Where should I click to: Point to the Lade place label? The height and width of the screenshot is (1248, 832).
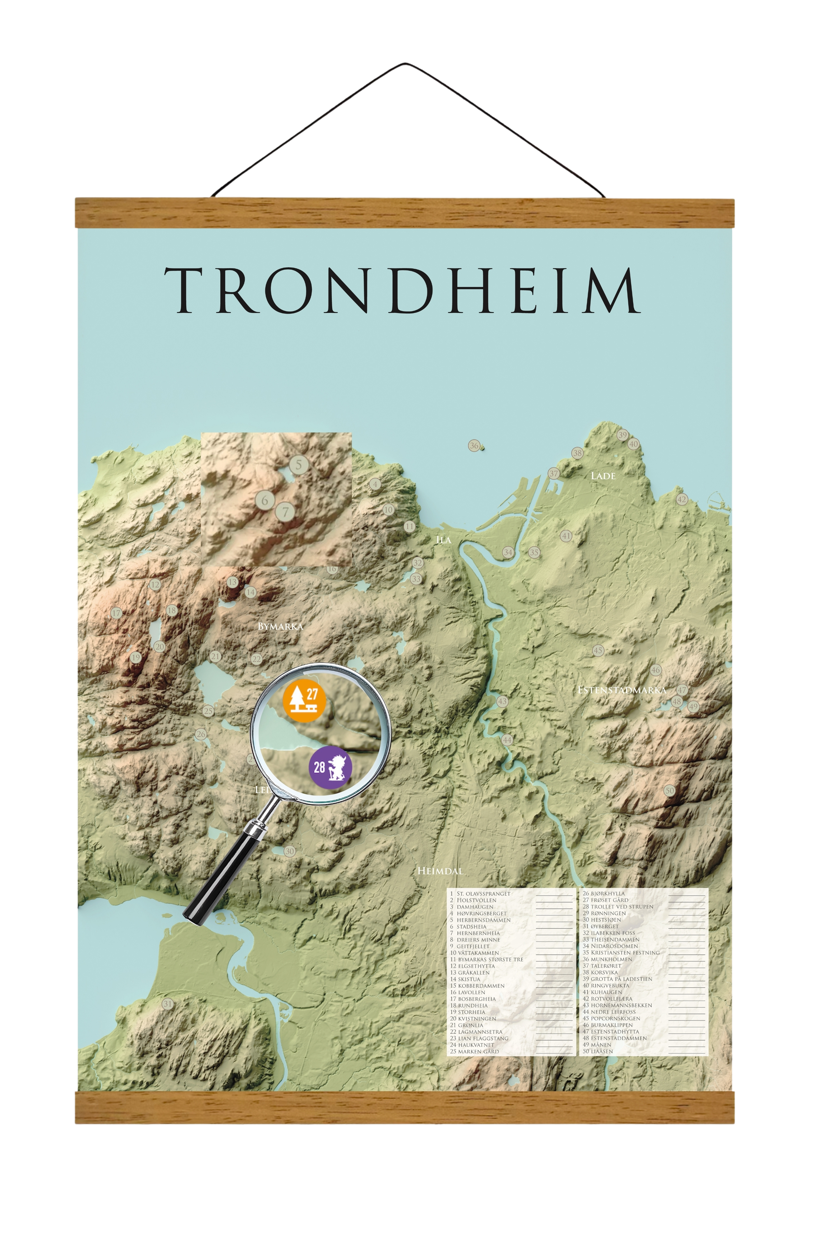click(x=603, y=476)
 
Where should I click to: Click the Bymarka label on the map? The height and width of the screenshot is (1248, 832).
click(x=280, y=627)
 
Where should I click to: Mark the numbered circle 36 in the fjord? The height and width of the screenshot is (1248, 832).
click(x=474, y=445)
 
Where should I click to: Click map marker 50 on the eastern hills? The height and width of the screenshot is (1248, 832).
click(x=669, y=791)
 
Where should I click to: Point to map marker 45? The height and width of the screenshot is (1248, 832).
click(x=598, y=650)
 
